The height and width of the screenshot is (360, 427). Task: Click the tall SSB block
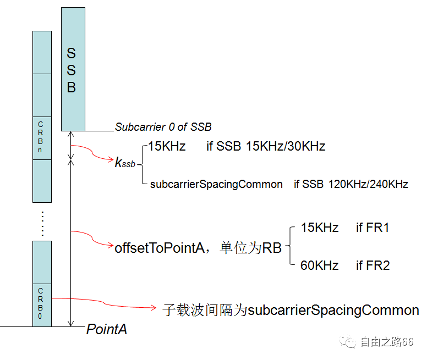[73, 69]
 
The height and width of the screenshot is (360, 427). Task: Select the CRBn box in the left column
[42, 138]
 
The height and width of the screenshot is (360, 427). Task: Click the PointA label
[107, 329]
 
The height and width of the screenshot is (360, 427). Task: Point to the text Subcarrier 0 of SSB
[163, 127]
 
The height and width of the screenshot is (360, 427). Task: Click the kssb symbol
[124, 163]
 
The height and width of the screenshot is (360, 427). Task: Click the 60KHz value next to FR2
[319, 265]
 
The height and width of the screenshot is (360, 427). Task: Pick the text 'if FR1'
[373, 228]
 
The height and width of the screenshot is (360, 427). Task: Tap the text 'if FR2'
[373, 265]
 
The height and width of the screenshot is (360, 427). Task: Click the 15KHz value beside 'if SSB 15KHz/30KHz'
[167, 146]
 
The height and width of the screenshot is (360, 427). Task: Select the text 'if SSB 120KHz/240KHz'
[351, 184]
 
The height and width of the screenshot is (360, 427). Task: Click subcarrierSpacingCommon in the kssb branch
[216, 184]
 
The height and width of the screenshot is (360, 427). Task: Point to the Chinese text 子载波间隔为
[205, 310]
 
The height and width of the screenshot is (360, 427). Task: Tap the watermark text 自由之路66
[386, 342]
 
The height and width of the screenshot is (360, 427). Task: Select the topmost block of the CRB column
[42, 52]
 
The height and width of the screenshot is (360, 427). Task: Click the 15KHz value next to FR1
[319, 228]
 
